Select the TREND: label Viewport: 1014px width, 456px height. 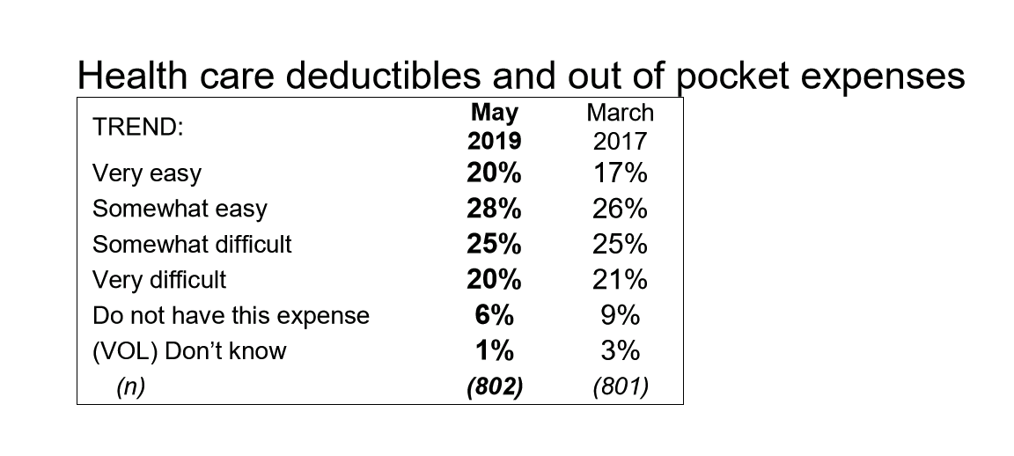click(137, 127)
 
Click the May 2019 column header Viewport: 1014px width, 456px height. click(494, 126)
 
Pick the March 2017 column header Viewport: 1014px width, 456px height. click(621, 126)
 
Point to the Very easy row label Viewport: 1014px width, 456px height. click(147, 174)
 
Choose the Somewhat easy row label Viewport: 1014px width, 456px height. click(180, 210)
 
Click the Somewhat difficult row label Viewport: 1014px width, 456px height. click(192, 244)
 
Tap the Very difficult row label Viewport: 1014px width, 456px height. click(159, 280)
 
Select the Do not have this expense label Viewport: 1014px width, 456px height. click(231, 315)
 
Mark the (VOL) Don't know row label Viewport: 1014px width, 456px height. click(189, 350)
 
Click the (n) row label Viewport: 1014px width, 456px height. click(130, 386)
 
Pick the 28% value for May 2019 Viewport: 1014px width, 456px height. click(494, 210)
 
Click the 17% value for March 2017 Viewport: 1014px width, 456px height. click(621, 174)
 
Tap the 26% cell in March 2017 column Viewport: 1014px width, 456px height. click(621, 210)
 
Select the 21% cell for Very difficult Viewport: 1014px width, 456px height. click(621, 280)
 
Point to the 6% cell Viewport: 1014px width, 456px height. click(494, 315)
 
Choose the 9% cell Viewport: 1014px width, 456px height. click(621, 315)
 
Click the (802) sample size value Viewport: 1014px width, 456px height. click(494, 386)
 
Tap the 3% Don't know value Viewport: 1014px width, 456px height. click(621, 350)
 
